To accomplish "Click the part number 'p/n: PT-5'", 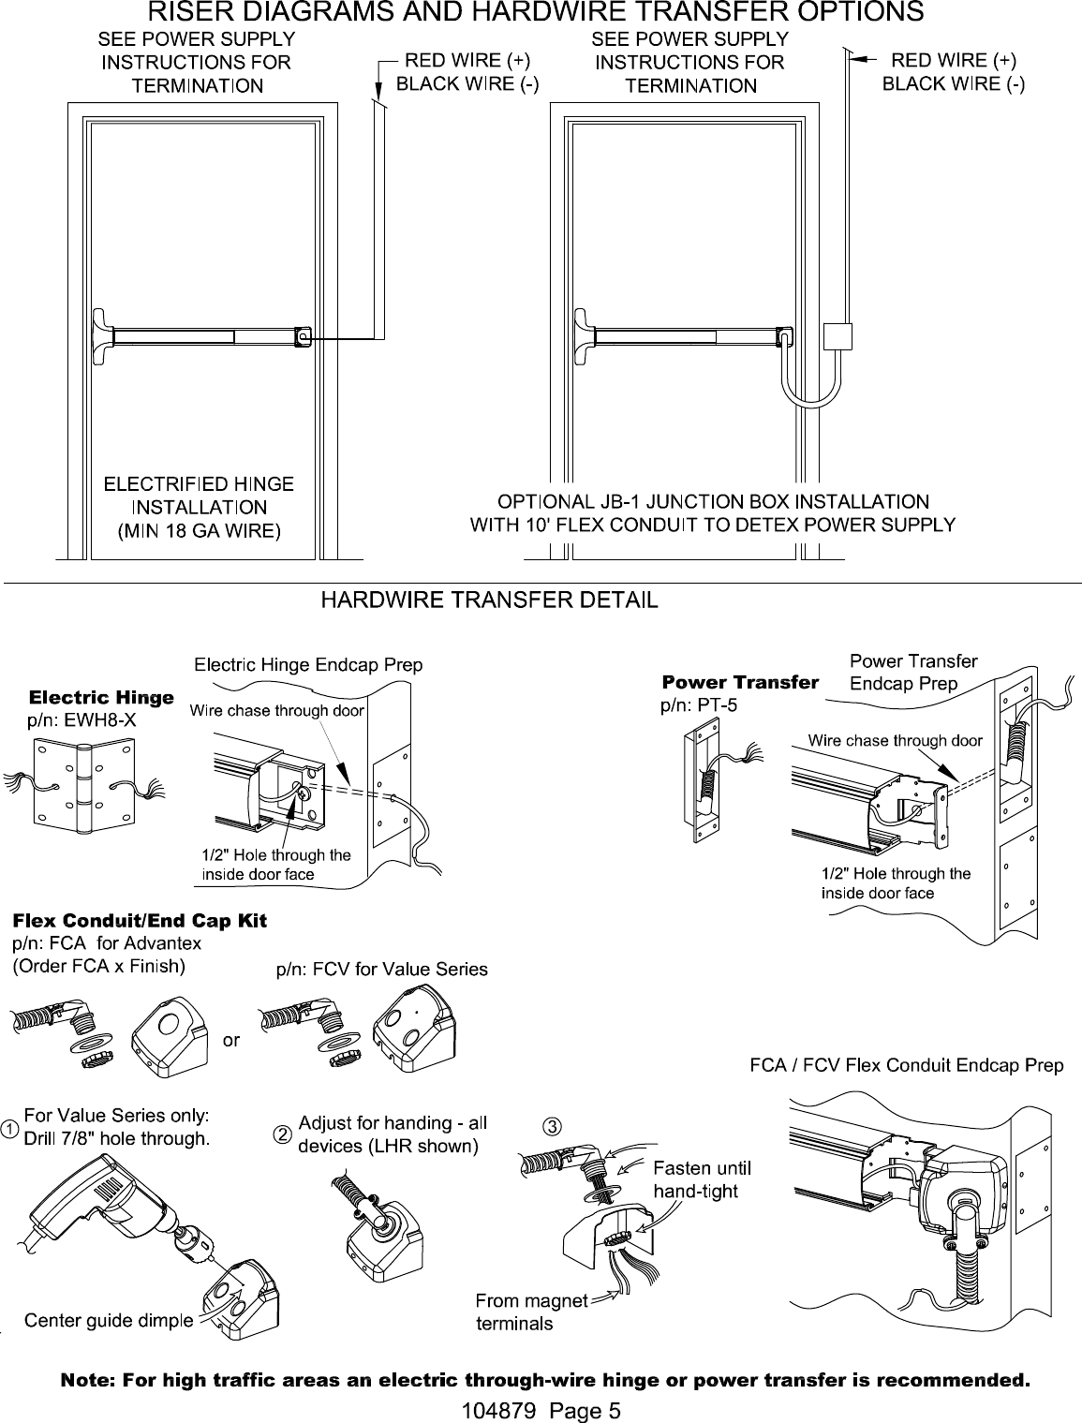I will click(700, 705).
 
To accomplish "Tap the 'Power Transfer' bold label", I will click(740, 681).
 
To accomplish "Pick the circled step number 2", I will click(280, 1134).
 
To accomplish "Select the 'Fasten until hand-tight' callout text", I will click(701, 1179).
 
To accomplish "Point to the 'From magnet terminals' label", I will click(531, 1312).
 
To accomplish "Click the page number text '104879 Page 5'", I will click(541, 1410).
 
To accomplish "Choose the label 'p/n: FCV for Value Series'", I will click(381, 969).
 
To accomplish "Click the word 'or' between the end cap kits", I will click(231, 1041).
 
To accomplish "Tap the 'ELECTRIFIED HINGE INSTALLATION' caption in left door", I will click(198, 496).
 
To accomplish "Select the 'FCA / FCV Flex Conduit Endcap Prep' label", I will click(906, 1065).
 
